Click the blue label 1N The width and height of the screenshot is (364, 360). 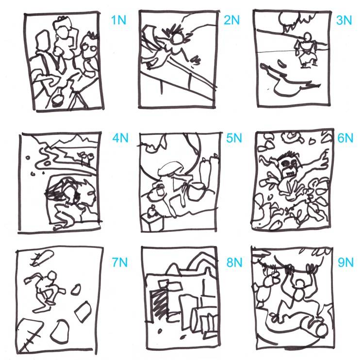[118, 20]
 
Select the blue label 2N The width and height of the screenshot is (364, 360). [232, 20]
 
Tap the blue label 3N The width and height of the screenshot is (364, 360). [344, 20]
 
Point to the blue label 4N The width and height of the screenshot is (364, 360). [120, 138]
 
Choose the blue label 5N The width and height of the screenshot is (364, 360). [234, 138]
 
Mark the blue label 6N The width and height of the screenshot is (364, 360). [345, 138]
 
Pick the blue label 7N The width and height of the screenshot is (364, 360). [120, 262]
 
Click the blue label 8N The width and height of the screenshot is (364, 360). [234, 262]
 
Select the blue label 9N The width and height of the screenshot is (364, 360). [346, 262]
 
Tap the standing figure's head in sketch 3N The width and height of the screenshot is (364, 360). [307, 37]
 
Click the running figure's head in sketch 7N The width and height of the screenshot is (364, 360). [51, 276]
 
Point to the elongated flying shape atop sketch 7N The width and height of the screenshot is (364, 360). [44, 257]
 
